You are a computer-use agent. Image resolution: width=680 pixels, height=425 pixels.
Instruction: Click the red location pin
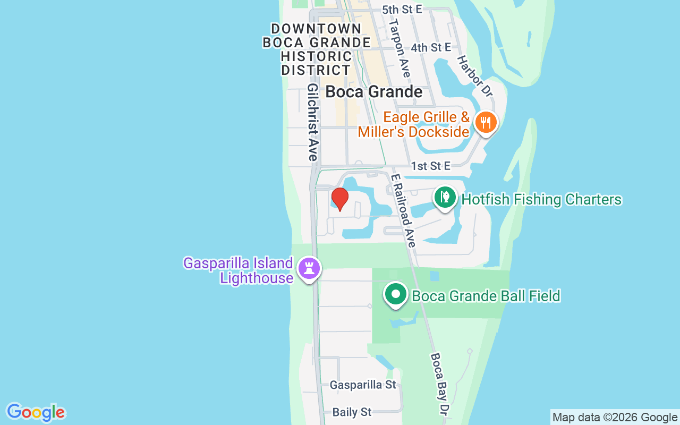coord(339,199)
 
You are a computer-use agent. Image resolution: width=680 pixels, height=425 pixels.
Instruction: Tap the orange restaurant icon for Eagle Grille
coord(486,122)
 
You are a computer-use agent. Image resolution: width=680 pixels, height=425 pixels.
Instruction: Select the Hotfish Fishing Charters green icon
coord(445,197)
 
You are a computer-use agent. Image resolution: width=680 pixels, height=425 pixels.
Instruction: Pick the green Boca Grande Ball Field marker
coord(395,294)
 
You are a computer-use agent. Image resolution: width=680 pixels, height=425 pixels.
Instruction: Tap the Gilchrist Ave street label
coord(312,122)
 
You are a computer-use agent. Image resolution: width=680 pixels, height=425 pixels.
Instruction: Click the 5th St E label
coord(402,10)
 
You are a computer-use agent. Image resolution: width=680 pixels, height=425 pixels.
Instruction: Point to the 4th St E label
coord(431,48)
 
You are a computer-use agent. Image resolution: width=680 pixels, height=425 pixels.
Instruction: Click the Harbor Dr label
coord(475,76)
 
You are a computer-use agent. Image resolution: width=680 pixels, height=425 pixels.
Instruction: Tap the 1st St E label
coord(430,166)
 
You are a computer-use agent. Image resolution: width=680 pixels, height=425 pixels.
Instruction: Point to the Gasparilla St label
coord(363,385)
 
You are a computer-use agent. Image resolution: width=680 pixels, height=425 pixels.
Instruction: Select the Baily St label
coord(352,412)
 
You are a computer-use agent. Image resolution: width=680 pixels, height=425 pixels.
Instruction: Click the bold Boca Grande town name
coord(374,91)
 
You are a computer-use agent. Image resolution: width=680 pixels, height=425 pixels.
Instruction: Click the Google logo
coord(36,412)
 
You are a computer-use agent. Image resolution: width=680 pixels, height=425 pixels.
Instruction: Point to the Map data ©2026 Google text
coord(615,417)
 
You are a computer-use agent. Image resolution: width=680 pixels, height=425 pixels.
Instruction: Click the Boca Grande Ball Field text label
coord(486,296)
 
